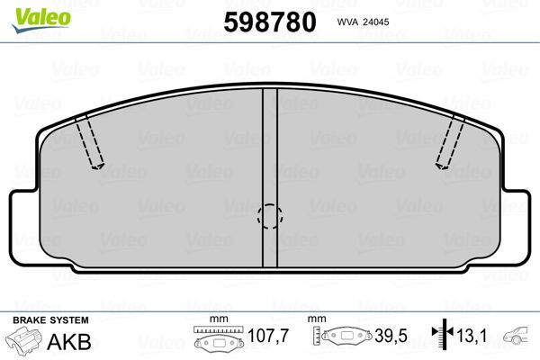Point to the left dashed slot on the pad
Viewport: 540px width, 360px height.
pos(90,142)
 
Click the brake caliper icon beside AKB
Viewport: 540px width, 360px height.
pos(25,342)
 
